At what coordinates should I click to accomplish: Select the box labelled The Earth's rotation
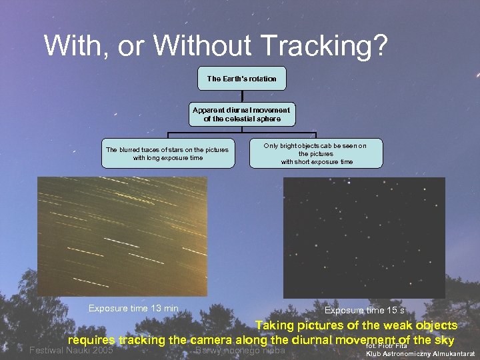coord(241,79)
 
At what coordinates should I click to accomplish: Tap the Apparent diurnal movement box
coord(241,114)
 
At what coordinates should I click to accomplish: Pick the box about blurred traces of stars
coord(167,153)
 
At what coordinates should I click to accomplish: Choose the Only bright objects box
coord(317,153)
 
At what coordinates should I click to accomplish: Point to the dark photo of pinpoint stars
coord(364,237)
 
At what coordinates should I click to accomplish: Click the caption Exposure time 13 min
coord(133,308)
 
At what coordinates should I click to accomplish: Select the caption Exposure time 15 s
coord(364,311)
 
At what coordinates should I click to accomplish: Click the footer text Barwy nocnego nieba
coord(241,351)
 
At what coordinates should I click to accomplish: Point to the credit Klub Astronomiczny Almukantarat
coord(421,354)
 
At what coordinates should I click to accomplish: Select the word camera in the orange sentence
coord(209,339)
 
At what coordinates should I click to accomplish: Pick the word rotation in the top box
coord(261,79)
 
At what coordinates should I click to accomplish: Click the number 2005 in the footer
coord(101,351)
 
